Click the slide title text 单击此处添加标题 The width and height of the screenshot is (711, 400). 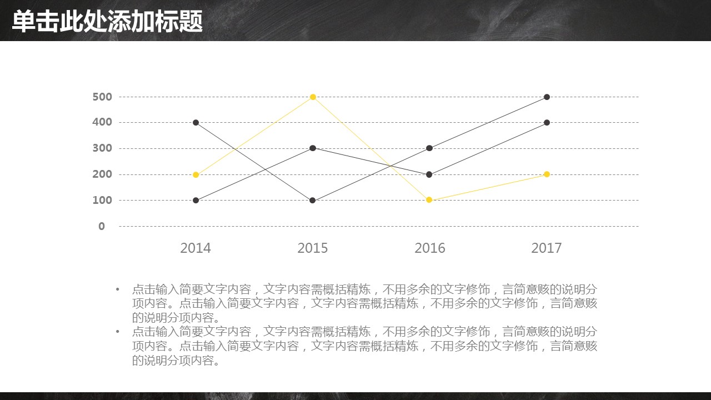[x=107, y=22]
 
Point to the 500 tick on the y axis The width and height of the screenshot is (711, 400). [x=102, y=97]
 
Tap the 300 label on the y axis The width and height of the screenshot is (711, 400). [x=102, y=148]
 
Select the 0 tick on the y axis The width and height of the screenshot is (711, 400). [x=102, y=226]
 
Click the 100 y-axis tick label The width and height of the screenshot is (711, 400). [x=102, y=200]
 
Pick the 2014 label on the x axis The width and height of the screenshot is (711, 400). [x=196, y=248]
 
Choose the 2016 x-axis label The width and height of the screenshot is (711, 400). [x=430, y=248]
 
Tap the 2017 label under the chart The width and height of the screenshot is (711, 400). [x=547, y=248]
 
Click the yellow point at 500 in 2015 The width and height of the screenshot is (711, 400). [x=313, y=97]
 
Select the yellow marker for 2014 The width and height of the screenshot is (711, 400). [x=196, y=174]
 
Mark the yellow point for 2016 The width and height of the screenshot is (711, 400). [x=429, y=200]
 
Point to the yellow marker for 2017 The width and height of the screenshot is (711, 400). [x=547, y=174]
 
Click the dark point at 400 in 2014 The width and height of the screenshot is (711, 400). [x=196, y=123]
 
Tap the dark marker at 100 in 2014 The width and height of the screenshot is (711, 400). [x=196, y=200]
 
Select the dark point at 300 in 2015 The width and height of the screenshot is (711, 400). [x=313, y=148]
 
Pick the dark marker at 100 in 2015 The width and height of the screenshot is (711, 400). [x=313, y=200]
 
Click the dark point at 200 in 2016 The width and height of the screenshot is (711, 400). [x=429, y=174]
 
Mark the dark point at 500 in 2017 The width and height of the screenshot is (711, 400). [x=547, y=97]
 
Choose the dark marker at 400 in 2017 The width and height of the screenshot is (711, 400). [x=547, y=123]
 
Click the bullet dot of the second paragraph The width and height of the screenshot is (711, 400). [x=118, y=332]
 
